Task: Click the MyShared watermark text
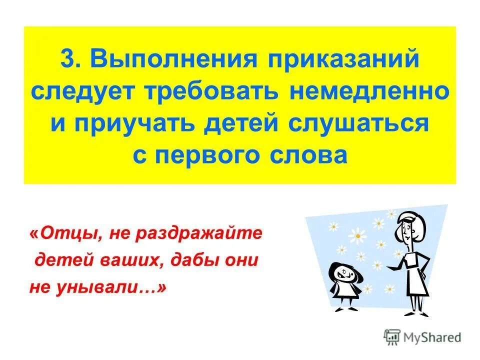[432, 337]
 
